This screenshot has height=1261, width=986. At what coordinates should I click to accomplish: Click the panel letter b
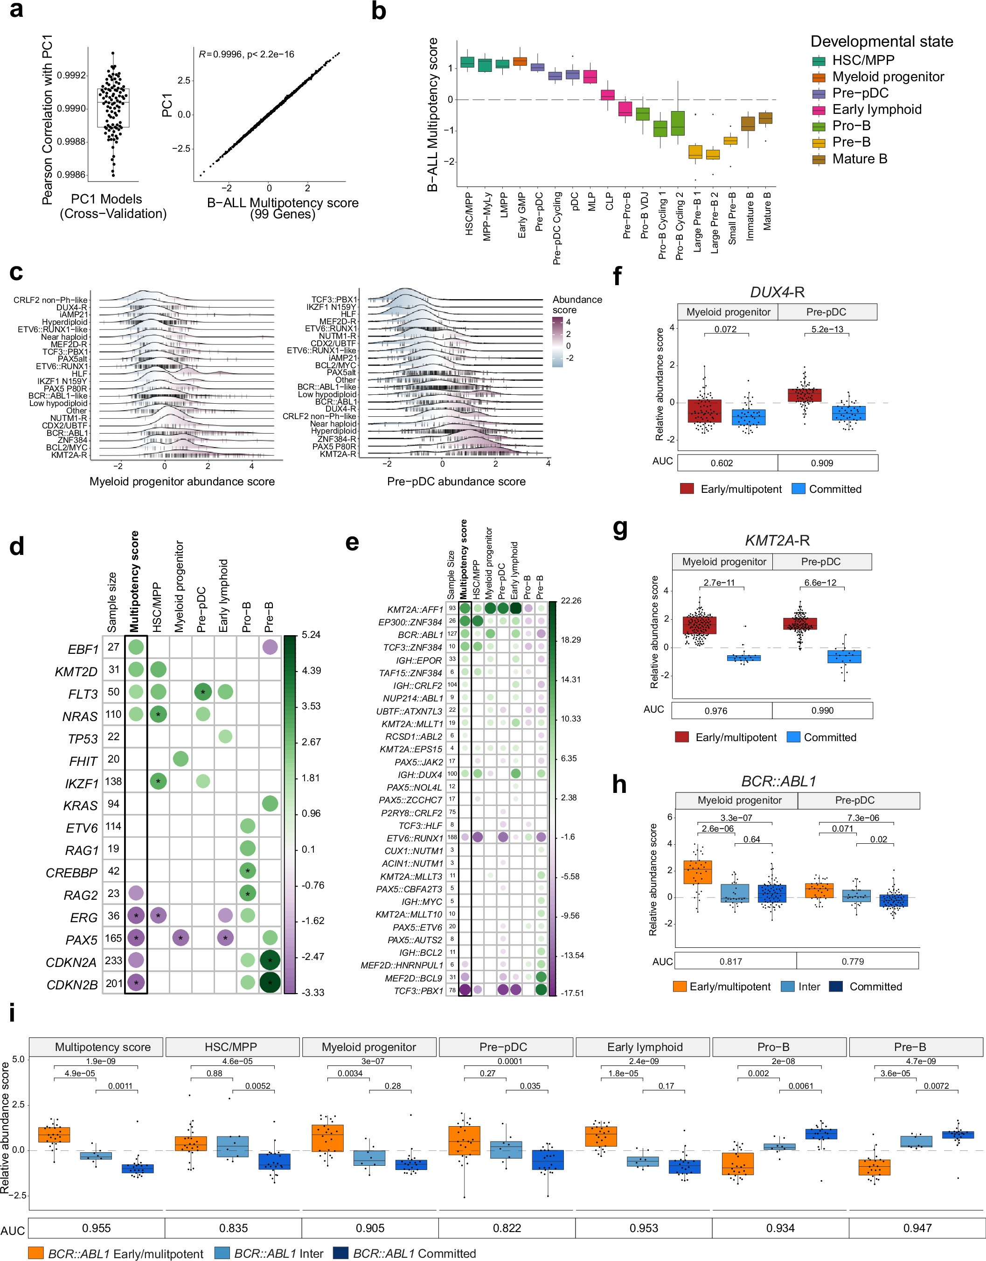tap(378, 12)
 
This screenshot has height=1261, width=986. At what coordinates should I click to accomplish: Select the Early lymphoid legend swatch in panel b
tap(819, 110)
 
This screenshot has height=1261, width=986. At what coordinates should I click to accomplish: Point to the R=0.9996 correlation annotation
tap(246, 54)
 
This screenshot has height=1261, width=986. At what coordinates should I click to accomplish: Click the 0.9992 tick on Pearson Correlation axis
tap(71, 76)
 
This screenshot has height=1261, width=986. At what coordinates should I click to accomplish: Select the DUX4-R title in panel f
tap(777, 292)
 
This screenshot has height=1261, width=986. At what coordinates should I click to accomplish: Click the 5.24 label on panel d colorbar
tap(311, 634)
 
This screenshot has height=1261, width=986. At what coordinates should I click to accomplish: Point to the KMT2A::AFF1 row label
tap(415, 609)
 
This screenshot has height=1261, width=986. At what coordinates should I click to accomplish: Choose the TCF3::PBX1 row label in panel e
tap(418, 991)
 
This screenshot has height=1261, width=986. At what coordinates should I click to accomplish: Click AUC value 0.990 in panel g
tap(822, 710)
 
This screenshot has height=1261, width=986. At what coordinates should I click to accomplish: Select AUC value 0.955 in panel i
tap(97, 1227)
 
